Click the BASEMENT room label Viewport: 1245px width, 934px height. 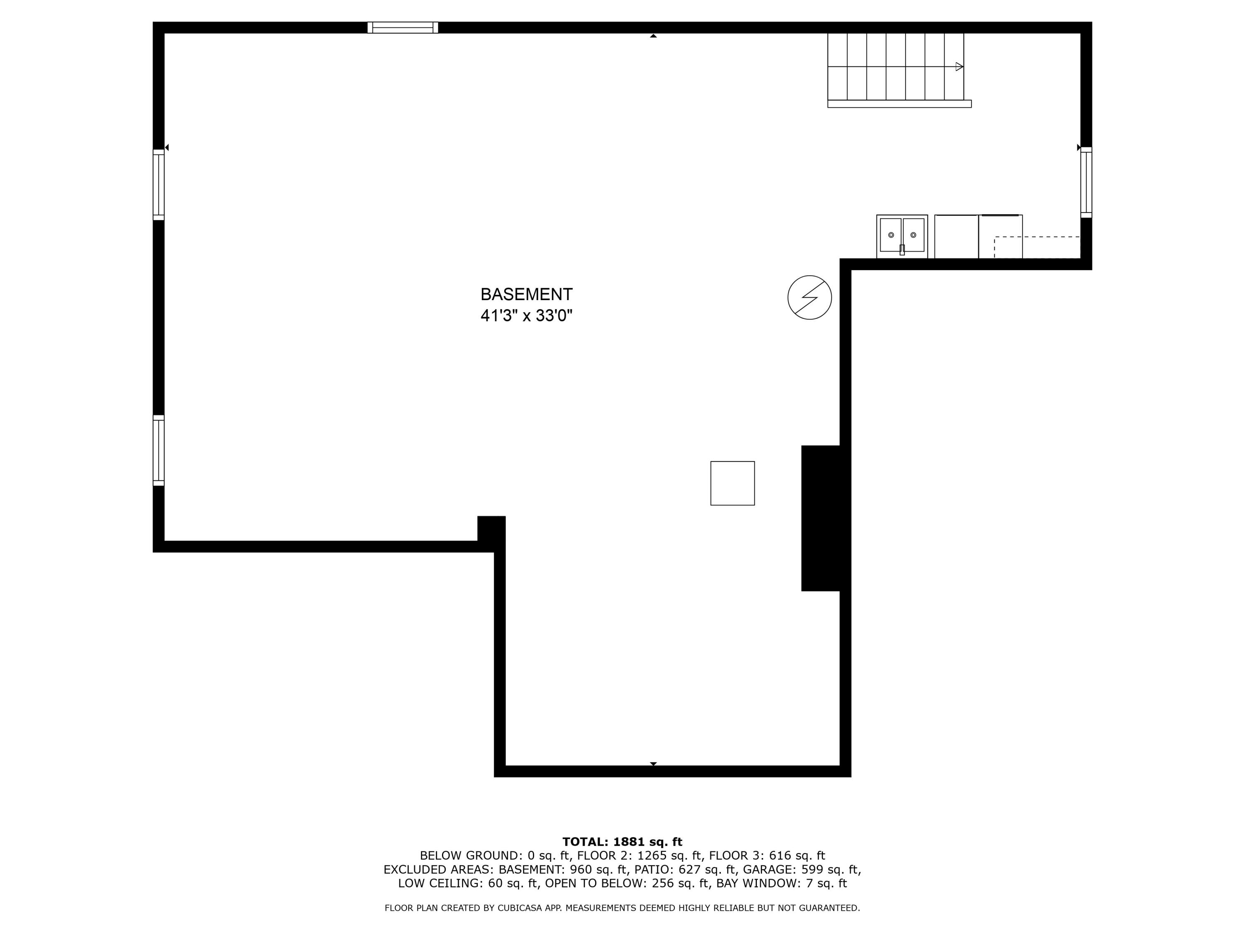[526, 294]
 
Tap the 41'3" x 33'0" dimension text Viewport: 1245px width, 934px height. [526, 316]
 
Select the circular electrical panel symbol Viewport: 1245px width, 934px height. [809, 297]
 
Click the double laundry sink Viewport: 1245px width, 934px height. [902, 237]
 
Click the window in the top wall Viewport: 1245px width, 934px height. [403, 27]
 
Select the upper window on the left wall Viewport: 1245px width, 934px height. [159, 185]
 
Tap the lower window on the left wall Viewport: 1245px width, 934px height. [159, 450]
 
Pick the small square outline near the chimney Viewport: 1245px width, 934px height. [732, 483]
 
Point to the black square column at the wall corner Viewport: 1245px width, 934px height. [491, 529]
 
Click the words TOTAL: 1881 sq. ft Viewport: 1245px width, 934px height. [622, 842]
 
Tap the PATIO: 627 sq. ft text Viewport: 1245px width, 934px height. [681, 869]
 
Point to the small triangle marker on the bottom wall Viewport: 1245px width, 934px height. [654, 763]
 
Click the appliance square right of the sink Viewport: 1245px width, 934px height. [956, 237]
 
